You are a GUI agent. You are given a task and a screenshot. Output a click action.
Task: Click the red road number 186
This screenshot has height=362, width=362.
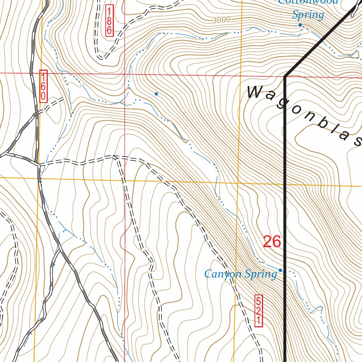click(109, 21)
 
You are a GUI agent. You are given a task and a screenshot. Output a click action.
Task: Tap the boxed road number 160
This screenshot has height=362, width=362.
click(43, 86)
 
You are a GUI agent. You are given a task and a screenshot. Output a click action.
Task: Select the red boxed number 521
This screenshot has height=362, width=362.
click(258, 311)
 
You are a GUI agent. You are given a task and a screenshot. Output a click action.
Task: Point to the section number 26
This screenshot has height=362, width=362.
click(272, 242)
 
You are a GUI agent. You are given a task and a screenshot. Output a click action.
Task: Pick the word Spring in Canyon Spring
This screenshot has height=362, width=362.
click(262, 274)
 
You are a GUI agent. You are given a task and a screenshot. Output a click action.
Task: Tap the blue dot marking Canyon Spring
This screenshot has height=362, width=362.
click(280, 270)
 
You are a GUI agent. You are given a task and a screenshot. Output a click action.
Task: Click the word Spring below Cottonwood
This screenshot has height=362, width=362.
click(308, 15)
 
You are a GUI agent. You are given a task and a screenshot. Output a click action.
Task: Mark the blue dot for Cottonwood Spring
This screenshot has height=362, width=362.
click(300, 25)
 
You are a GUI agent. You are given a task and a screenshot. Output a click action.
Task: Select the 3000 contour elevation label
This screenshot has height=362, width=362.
click(222, 20)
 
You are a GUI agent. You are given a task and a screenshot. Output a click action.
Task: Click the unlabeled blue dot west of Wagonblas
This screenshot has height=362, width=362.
click(156, 94)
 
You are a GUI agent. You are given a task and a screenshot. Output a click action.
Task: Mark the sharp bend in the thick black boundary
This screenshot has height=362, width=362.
click(285, 76)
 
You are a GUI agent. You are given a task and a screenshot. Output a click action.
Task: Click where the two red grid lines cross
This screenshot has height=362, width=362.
click(125, 74)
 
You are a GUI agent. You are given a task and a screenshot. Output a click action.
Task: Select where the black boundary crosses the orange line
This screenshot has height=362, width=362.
click(285, 185)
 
